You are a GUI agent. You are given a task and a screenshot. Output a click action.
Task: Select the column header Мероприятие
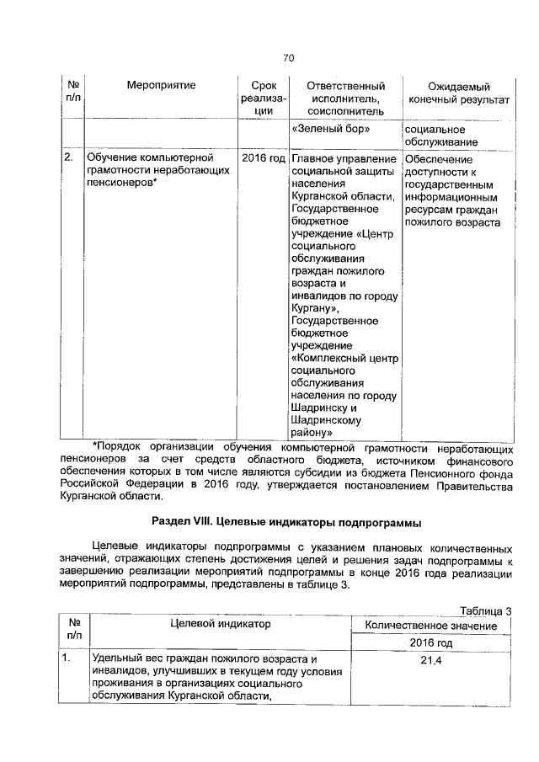161,87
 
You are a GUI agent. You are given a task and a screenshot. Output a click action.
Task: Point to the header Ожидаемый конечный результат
459,93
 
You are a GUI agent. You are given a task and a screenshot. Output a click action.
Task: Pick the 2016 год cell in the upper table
264,158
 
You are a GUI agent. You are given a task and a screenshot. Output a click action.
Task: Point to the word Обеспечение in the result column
439,158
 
